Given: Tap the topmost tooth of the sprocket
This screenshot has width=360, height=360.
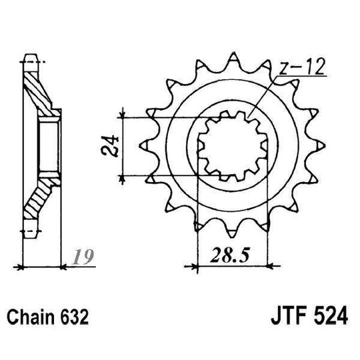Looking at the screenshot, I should coord(233,57).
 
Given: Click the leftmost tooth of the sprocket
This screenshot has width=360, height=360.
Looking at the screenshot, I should coord(145,145).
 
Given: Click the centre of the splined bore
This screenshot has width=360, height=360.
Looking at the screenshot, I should coord(233,145).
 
